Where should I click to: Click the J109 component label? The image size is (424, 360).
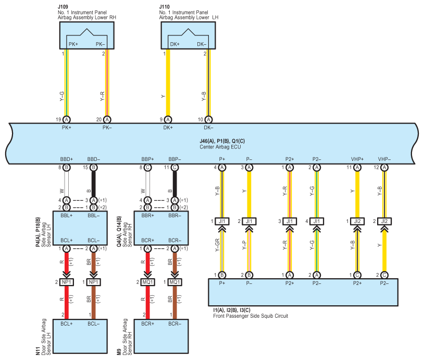pyautogui.click(x=63, y=6)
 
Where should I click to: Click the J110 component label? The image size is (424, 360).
pyautogui.click(x=165, y=6)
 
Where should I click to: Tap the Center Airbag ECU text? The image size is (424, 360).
pyautogui.click(x=220, y=147)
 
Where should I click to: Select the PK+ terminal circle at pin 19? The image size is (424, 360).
pyautogui.click(x=67, y=119)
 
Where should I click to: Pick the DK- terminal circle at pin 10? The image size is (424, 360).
pyautogui.click(x=208, y=119)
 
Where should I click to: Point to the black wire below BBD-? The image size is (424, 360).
pyautogui.click(x=94, y=184)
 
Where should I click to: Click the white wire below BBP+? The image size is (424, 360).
pyautogui.click(x=147, y=184)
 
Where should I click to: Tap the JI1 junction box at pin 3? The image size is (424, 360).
pyautogui.click(x=290, y=221)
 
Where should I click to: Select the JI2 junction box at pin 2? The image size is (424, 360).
pyautogui.click(x=384, y=221)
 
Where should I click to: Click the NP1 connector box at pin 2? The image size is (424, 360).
pyautogui.click(x=67, y=282)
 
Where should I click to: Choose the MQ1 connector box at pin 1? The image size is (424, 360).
pyautogui.click(x=174, y=282)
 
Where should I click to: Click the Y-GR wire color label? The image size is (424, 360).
pyautogui.click(x=217, y=245)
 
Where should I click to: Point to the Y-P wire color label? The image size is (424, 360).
pyautogui.click(x=244, y=245)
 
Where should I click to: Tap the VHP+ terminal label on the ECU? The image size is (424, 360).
pyautogui.click(x=357, y=159)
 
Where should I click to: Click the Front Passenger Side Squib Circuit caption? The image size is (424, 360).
pyautogui.click(x=251, y=316)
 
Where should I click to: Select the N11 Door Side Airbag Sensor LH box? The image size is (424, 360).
pyautogui.click(x=80, y=336)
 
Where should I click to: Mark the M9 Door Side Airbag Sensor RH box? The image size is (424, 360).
pyautogui.click(x=161, y=336)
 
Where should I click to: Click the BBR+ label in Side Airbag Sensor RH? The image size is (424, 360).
pyautogui.click(x=147, y=216)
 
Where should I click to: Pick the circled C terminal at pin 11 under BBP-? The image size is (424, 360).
pyautogui.click(x=174, y=167)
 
